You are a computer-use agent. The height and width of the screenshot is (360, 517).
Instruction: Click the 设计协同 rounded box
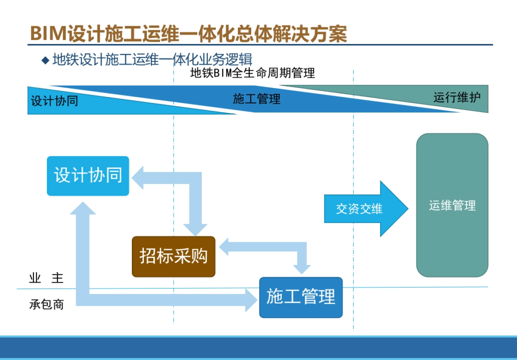(x=88, y=176)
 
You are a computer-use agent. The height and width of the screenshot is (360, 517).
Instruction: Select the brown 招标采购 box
(x=173, y=257)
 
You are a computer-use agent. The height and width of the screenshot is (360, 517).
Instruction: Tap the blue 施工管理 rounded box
(x=301, y=297)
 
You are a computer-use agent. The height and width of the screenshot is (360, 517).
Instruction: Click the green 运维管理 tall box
(x=452, y=206)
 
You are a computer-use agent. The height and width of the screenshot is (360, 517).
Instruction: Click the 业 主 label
(x=46, y=278)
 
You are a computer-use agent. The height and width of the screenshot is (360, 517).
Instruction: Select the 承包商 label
(x=46, y=304)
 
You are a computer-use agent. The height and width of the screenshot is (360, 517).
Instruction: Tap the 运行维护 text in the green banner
(x=457, y=97)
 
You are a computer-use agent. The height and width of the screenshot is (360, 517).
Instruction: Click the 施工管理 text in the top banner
(x=256, y=100)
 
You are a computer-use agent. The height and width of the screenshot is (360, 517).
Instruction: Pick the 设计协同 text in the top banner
(x=54, y=101)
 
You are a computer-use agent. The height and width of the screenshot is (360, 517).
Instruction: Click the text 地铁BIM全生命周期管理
(x=252, y=73)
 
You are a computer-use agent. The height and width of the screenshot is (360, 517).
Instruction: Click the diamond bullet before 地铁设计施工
(x=45, y=60)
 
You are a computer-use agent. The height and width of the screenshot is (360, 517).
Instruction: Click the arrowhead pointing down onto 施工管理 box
(x=302, y=268)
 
